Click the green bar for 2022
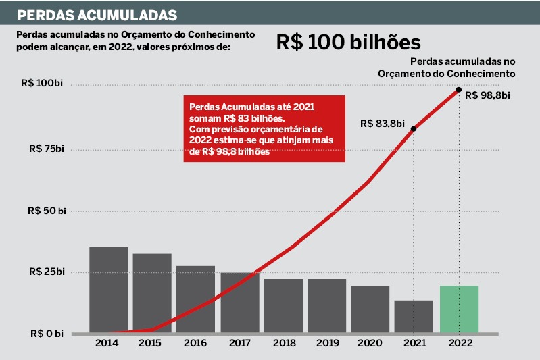point(459,309)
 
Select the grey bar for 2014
point(108,290)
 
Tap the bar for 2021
point(413,317)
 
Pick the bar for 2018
point(283,306)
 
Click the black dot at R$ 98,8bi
point(459,90)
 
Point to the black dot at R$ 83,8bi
point(413,128)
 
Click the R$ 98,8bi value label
point(487,95)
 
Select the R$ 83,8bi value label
point(383,124)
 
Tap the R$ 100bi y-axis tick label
point(42,84)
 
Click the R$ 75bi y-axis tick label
point(45,149)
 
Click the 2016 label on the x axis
point(195,343)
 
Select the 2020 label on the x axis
point(370,343)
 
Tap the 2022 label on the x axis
point(459,343)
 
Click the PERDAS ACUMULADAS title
point(97,14)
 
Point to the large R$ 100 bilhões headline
point(348,42)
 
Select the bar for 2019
point(326,306)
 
